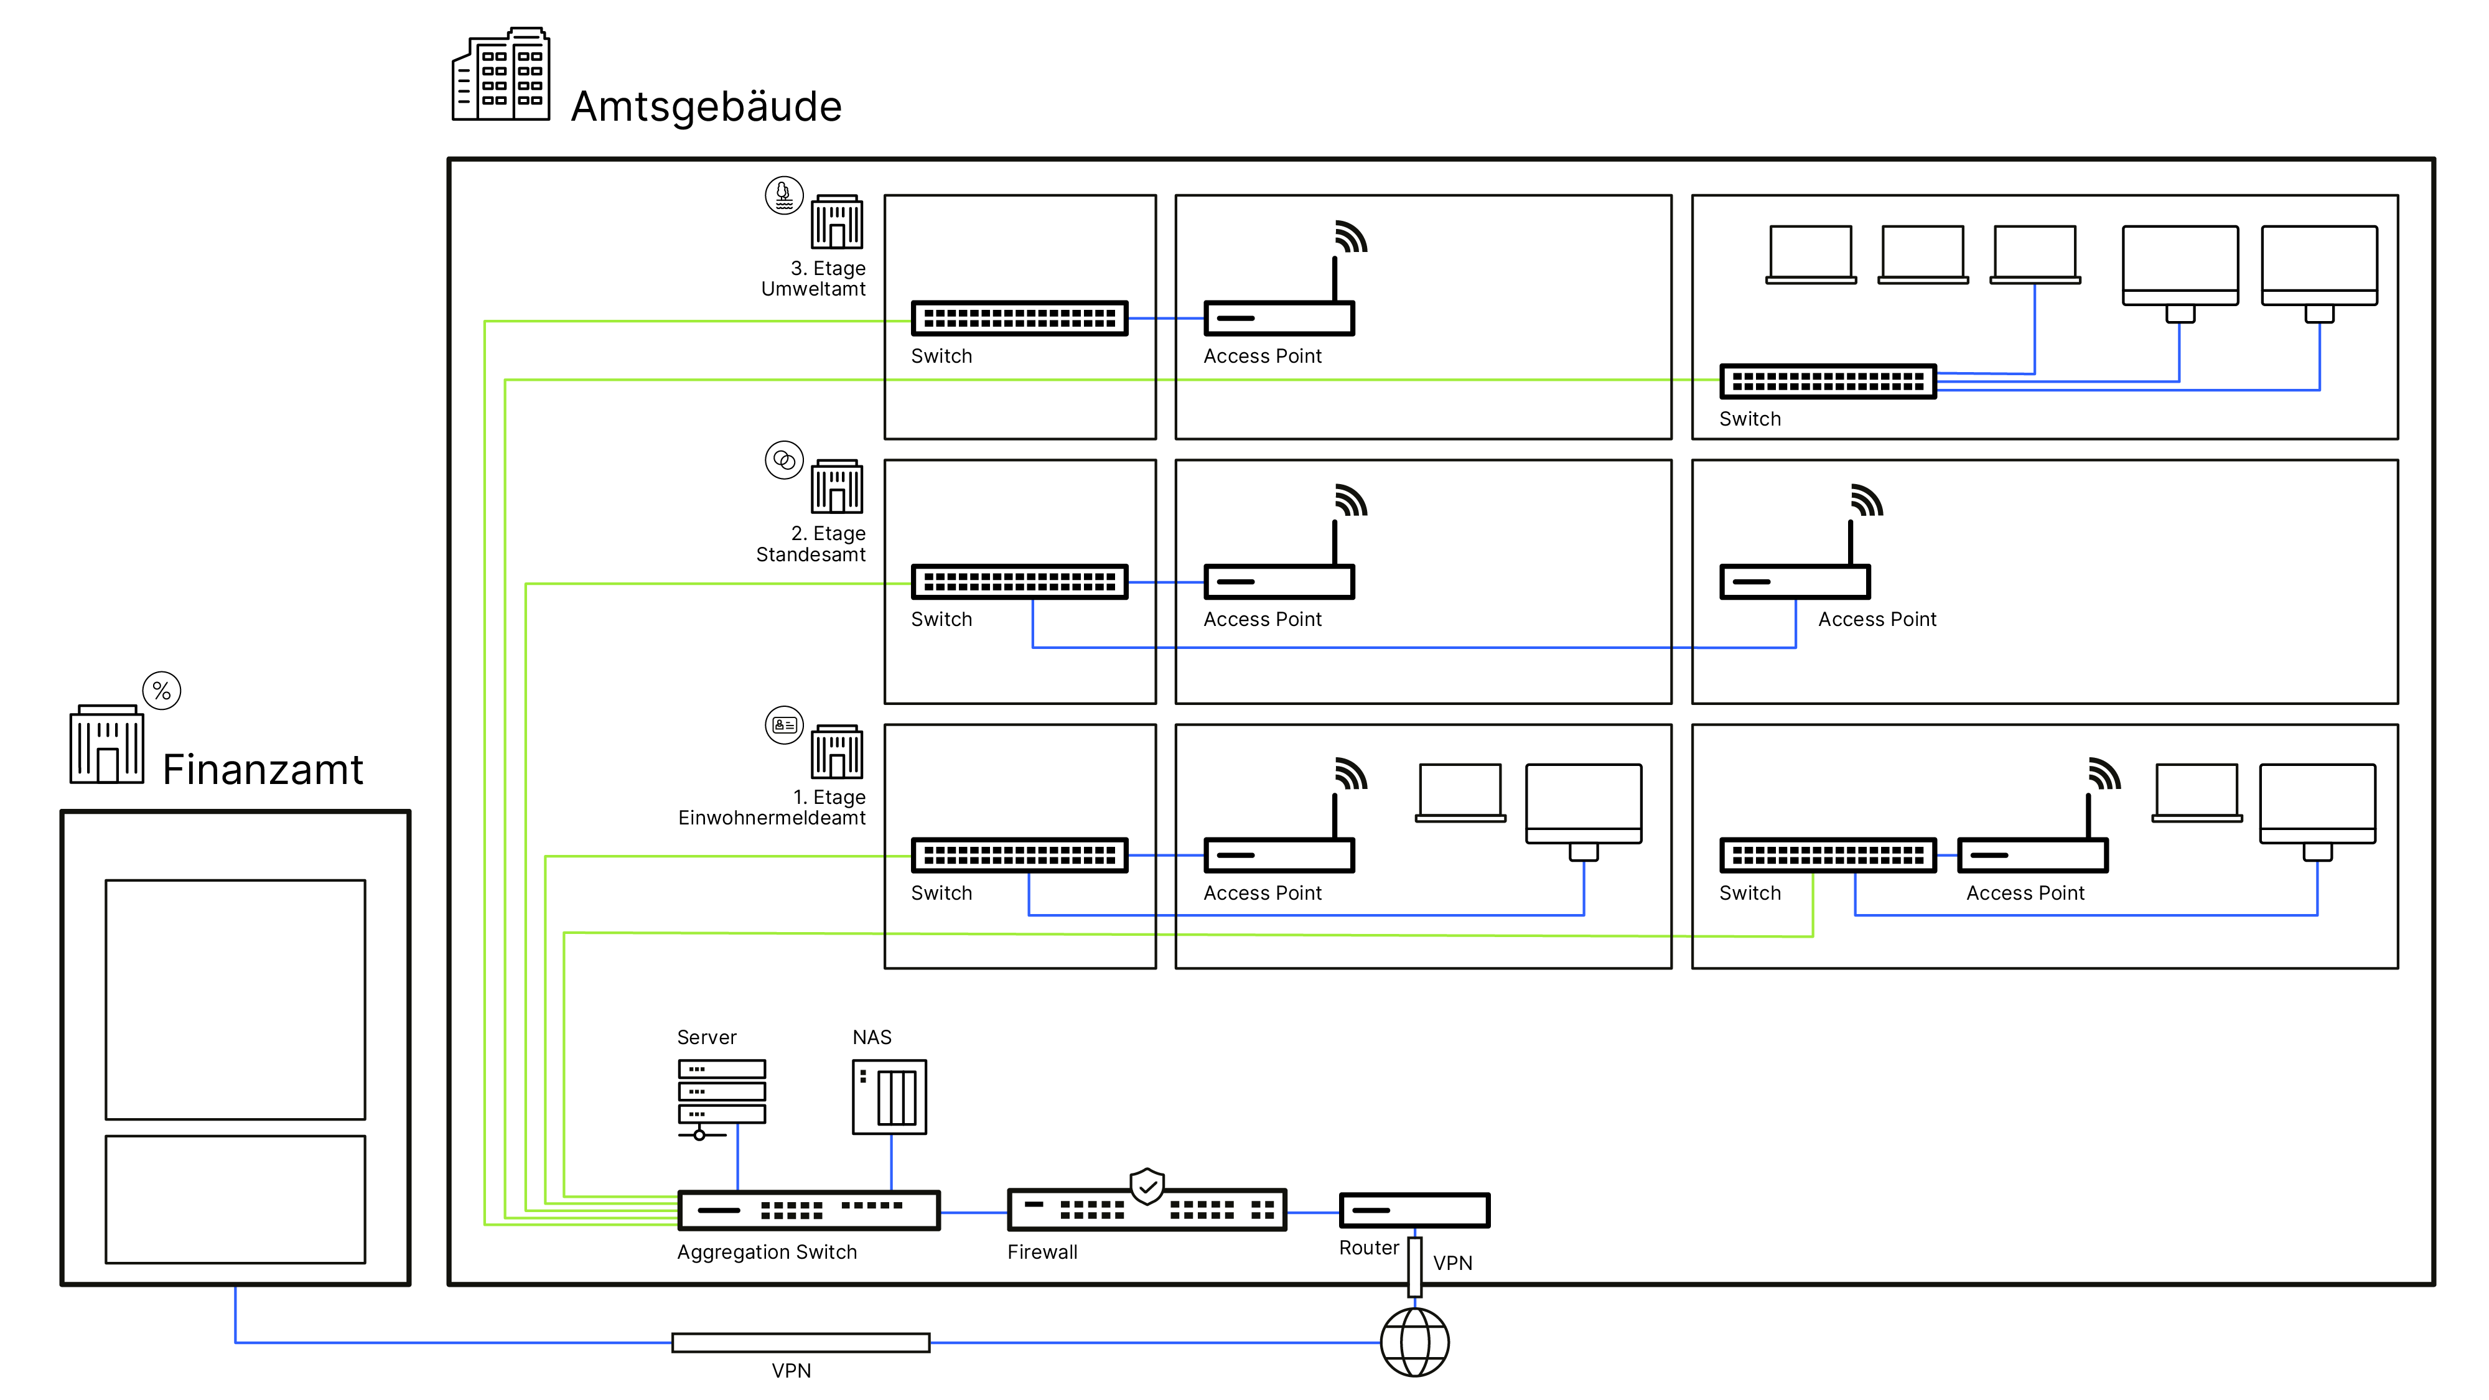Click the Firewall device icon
coord(1146,1210)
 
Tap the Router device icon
coord(1414,1210)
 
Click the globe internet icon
coord(1414,1341)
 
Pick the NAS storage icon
coord(889,1096)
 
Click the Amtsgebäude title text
coord(706,106)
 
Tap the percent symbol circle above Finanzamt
coord(161,691)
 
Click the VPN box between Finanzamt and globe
coord(800,1342)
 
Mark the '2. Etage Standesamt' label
coord(811,544)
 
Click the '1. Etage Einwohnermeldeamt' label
coord(772,808)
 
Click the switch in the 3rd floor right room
coord(1827,381)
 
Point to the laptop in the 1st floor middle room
coord(1460,792)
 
